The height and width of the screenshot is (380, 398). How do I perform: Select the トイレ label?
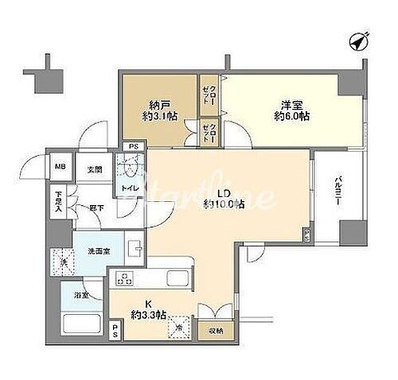(x=128, y=188)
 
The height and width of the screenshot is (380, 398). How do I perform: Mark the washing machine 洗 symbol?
(x=61, y=262)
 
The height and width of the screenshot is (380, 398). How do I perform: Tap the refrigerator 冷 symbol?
(x=180, y=330)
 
